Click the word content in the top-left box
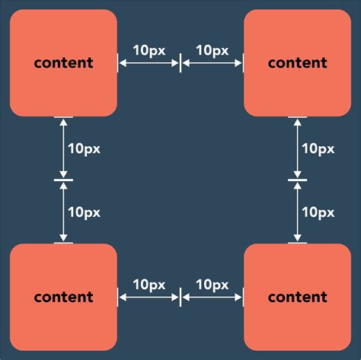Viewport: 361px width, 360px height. click(63, 63)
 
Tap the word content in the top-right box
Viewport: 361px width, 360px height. click(297, 63)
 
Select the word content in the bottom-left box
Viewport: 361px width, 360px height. click(63, 297)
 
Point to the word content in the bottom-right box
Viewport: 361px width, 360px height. click(297, 297)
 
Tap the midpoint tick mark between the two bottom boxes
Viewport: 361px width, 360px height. click(180, 298)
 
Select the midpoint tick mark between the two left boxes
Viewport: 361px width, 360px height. click(64, 180)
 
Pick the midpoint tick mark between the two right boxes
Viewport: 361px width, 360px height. click(297, 180)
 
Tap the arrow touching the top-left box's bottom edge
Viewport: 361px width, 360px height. click(64, 148)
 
